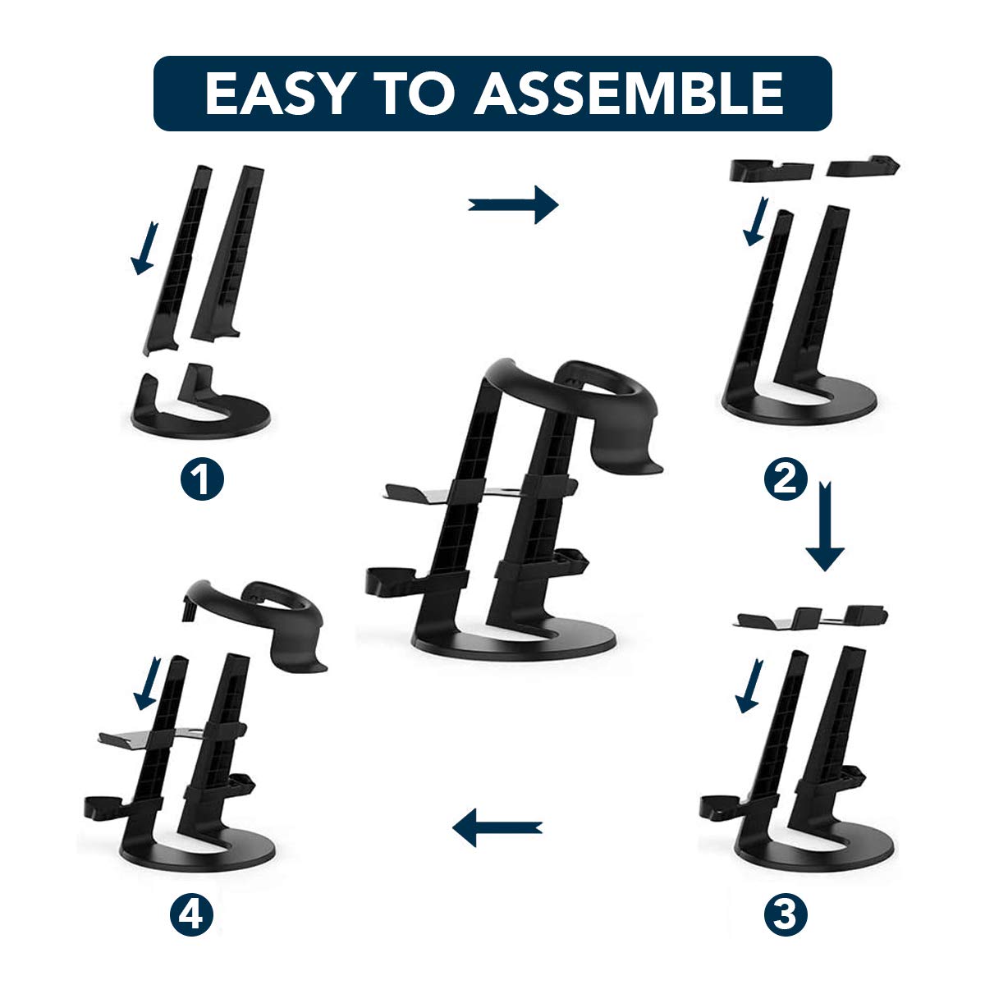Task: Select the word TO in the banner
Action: pyautogui.click(x=414, y=94)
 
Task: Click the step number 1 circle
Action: pyautogui.click(x=202, y=479)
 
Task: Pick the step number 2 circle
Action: pyautogui.click(x=786, y=479)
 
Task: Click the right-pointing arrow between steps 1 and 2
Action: pyautogui.click(x=513, y=204)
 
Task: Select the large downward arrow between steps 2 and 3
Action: pyautogui.click(x=825, y=525)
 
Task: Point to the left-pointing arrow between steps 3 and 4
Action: pyautogui.click(x=497, y=827)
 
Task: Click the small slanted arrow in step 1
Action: pyautogui.click(x=144, y=249)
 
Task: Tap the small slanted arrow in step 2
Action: pyautogui.click(x=755, y=221)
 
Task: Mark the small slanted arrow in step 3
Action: pyautogui.click(x=749, y=686)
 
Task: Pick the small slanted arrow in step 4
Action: pyautogui.click(x=147, y=684)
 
